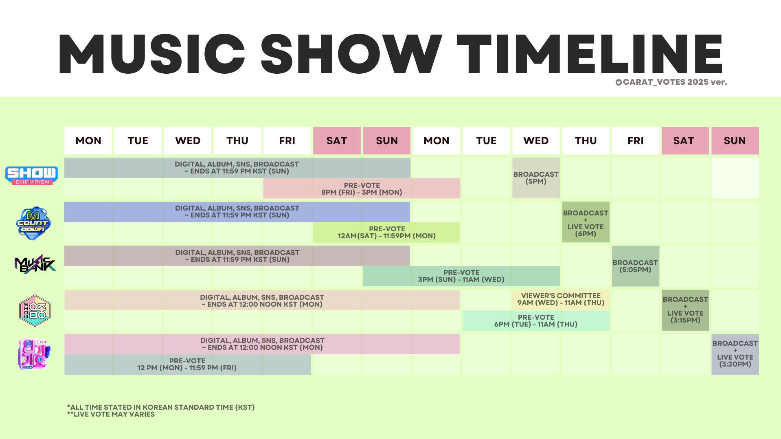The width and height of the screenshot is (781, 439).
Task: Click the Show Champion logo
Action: [32, 176]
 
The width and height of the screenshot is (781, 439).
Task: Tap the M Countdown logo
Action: [33, 223]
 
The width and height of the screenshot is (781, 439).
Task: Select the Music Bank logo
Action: [35, 264]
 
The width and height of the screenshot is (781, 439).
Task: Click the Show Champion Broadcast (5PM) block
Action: [536, 178]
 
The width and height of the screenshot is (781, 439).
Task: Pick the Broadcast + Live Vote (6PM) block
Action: [586, 222]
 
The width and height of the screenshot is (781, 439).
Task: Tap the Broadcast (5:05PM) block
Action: [635, 266]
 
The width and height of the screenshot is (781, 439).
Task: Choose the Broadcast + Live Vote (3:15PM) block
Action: [685, 310]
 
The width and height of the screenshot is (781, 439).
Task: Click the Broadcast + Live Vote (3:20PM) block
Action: [735, 354]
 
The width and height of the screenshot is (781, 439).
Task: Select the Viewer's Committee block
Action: [561, 300]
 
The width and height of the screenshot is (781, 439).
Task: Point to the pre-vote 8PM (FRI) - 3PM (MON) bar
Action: [362, 189]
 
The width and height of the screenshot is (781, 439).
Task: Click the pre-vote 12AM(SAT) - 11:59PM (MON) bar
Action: [386, 233]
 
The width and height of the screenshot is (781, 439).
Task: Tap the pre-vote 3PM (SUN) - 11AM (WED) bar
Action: [461, 276]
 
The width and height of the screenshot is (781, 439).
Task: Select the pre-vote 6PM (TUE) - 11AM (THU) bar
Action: [536, 320]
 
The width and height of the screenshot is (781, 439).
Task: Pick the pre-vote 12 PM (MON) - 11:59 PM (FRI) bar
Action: [187, 364]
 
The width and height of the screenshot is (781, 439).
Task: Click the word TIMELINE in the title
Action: [590, 54]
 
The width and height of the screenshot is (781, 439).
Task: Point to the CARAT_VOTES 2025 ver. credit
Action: [671, 82]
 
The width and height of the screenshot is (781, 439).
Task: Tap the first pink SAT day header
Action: [337, 140]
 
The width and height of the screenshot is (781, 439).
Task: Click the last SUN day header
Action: [735, 140]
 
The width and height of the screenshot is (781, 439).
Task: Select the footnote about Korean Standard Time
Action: [161, 407]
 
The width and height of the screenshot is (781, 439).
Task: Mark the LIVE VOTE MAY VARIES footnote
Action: [111, 414]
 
